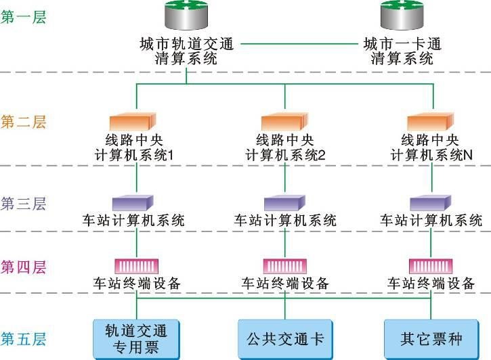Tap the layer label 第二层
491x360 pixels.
coord(24,122)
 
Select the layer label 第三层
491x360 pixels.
coord(24,204)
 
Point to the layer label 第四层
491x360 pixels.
coord(24,267)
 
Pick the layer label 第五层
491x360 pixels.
coord(24,338)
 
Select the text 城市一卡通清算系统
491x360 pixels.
coord(402,51)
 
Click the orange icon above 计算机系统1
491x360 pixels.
coord(137,122)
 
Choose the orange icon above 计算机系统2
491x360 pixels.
coord(284,122)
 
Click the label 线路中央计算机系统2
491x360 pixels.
coord(285,148)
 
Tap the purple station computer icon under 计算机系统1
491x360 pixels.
coord(133,203)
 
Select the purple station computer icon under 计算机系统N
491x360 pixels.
coord(430,203)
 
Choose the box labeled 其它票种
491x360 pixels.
coord(431,337)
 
